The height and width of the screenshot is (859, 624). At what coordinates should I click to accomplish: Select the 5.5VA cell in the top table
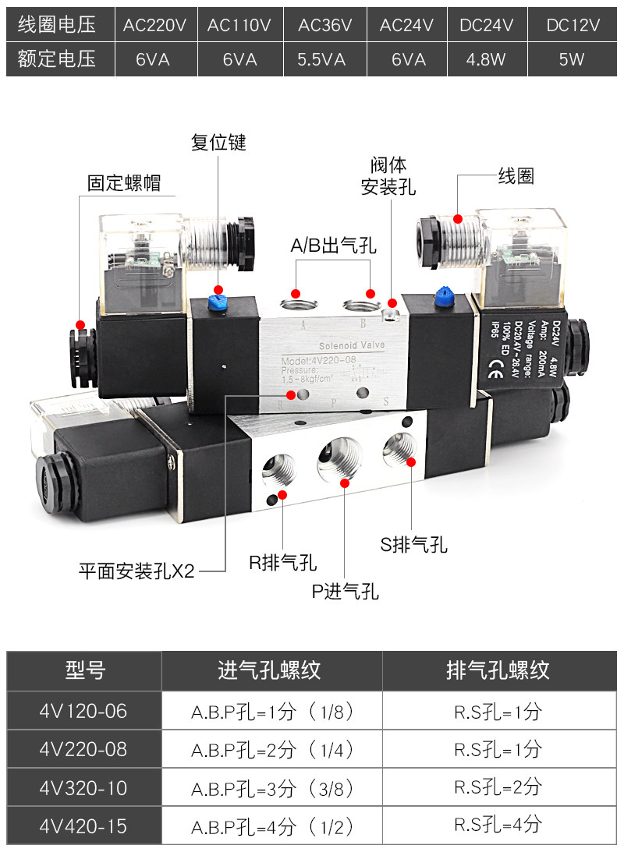tap(322, 59)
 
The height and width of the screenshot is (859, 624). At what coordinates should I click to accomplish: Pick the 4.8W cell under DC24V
tap(486, 59)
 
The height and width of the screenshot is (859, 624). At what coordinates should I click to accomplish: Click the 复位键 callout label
tap(218, 143)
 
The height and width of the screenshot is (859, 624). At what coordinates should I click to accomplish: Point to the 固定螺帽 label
tap(125, 183)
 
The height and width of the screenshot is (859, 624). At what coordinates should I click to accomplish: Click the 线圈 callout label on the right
tap(516, 177)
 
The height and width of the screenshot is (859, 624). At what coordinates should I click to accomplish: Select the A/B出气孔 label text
tap(334, 247)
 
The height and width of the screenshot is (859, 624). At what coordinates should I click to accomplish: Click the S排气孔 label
tap(414, 545)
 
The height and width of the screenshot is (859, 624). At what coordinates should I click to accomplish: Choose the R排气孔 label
tap(282, 562)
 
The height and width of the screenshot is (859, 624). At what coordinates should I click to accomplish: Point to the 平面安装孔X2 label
tap(136, 571)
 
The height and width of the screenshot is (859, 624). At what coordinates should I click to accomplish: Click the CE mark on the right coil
tap(494, 366)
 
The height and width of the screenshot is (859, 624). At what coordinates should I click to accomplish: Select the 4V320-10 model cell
tap(83, 788)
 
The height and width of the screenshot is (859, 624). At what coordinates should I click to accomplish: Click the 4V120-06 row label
tap(83, 711)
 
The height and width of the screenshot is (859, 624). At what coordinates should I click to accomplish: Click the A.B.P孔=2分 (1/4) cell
tap(272, 750)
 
